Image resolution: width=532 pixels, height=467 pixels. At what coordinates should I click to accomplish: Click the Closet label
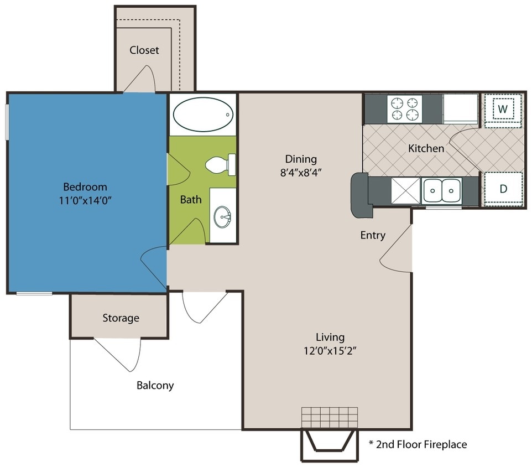pyautogui.click(x=144, y=50)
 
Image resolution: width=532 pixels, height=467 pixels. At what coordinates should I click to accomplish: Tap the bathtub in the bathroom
pyautogui.click(x=202, y=115)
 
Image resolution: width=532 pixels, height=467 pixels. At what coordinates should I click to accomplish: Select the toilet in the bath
pyautogui.click(x=220, y=164)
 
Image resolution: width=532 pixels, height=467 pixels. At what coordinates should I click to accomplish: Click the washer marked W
pyautogui.click(x=502, y=110)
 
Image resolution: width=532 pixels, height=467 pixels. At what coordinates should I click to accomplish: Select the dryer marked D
pyautogui.click(x=503, y=189)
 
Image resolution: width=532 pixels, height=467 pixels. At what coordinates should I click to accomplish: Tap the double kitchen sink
pyautogui.click(x=442, y=191)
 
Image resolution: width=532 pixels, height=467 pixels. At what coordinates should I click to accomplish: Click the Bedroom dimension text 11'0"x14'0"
pyautogui.click(x=85, y=201)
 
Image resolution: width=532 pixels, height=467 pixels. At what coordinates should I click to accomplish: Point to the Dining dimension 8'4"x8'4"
pyautogui.click(x=300, y=172)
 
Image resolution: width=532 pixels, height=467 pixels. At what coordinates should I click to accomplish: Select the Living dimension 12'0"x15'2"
pyautogui.click(x=330, y=351)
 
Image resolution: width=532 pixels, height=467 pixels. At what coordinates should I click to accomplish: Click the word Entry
pyautogui.click(x=373, y=236)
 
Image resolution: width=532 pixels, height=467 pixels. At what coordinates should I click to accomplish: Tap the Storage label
pyautogui.click(x=121, y=318)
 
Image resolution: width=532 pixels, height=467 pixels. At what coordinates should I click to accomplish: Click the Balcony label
pyautogui.click(x=155, y=385)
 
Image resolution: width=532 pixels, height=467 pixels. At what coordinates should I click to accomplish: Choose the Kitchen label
pyautogui.click(x=426, y=148)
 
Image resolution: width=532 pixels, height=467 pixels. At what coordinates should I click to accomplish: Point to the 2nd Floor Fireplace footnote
pyautogui.click(x=418, y=444)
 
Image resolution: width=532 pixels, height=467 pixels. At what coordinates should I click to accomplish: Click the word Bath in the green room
pyautogui.click(x=191, y=200)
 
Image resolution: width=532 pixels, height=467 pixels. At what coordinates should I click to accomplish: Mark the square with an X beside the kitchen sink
pyautogui.click(x=406, y=191)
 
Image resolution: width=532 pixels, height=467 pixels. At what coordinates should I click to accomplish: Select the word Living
pyautogui.click(x=330, y=337)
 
